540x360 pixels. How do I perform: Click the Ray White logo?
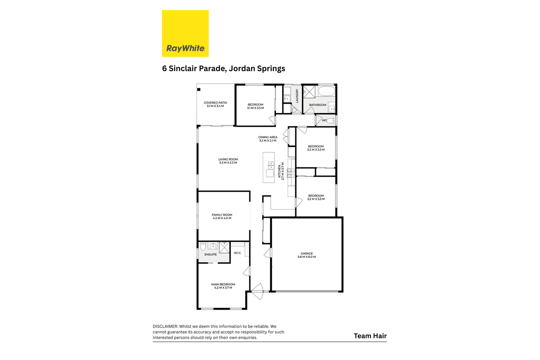click(x=185, y=34)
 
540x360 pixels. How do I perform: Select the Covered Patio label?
click(x=215, y=104)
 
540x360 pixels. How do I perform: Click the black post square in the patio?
click(x=199, y=90)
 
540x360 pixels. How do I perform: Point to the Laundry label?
click(x=297, y=95)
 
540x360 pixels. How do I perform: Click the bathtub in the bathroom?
click(x=327, y=91)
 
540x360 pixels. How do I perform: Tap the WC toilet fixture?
click(x=331, y=121)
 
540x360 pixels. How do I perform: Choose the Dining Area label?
click(x=268, y=139)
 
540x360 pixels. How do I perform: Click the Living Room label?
click(x=228, y=161)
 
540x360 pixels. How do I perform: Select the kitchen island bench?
click(x=269, y=167)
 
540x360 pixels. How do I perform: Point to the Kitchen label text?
click(x=281, y=171)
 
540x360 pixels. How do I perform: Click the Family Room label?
click(x=222, y=216)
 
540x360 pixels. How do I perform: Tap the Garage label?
click(x=307, y=255)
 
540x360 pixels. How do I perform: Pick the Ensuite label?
click(x=210, y=254)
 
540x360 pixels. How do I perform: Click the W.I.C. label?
click(x=238, y=253)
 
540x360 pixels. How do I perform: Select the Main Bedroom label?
click(x=223, y=286)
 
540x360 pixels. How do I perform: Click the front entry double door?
click(x=257, y=291)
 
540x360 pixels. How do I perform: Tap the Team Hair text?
click(x=370, y=336)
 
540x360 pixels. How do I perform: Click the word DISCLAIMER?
click(x=165, y=326)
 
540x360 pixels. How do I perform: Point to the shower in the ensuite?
click(x=224, y=247)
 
